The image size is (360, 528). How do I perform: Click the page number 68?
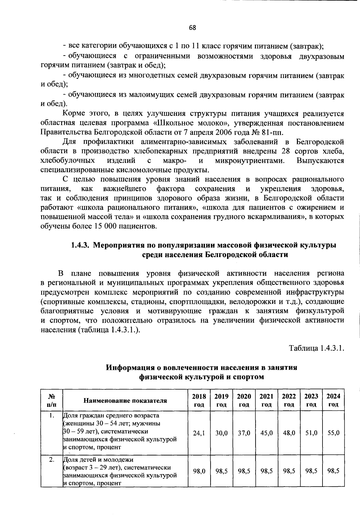point(192,28)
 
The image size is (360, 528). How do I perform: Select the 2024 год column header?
point(333,400)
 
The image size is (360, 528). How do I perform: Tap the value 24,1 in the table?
point(199,433)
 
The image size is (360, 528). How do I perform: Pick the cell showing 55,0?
point(333,433)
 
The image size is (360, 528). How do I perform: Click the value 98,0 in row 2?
point(199,471)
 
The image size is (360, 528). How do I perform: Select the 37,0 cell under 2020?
point(244,433)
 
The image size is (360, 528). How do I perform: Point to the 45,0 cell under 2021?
point(266,433)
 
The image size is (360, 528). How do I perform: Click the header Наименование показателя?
point(125,400)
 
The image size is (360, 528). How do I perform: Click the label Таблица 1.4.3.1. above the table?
point(316,348)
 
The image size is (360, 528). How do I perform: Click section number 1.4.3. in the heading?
point(80,245)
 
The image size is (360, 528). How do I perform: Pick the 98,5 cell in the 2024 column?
point(333,471)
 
